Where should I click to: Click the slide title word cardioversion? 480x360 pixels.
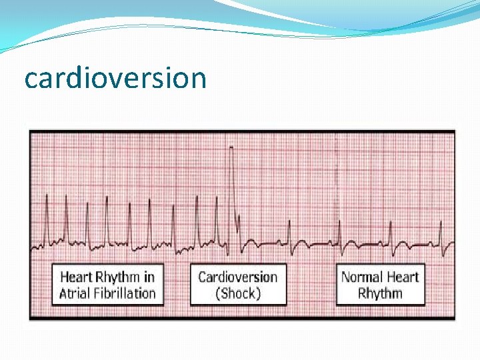tap(115, 78)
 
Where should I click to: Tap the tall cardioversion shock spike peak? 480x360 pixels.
tap(231, 147)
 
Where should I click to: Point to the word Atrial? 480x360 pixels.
tap(75, 293)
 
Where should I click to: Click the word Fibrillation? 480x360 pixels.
tap(125, 293)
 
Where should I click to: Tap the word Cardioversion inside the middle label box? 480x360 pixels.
tap(238, 277)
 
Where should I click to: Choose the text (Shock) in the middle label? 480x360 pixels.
tap(238, 293)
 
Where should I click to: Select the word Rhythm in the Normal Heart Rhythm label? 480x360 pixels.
tap(380, 293)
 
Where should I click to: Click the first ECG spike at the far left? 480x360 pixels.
tap(47, 197)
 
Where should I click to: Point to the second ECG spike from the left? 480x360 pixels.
tap(66, 197)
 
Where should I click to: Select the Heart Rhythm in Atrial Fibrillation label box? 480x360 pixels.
tap(107, 285)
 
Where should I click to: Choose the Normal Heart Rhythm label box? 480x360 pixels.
tap(380, 285)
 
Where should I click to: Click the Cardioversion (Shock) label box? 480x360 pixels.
tap(238, 285)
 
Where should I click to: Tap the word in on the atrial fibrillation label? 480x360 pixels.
tap(149, 277)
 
